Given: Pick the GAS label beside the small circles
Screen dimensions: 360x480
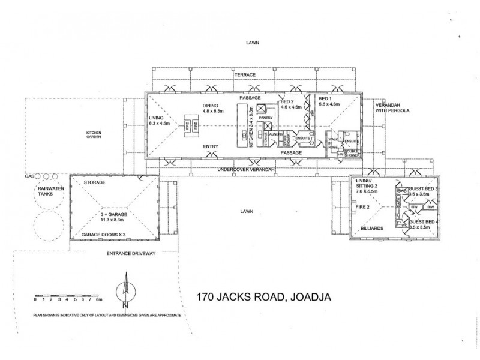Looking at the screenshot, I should (28, 177).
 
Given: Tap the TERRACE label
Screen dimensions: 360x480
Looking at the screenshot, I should (245, 74).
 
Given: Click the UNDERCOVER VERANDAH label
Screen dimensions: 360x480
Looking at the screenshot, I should (245, 171).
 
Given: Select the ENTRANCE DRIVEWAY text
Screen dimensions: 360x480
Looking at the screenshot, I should (131, 253).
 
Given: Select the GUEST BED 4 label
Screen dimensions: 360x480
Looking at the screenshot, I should (422, 222).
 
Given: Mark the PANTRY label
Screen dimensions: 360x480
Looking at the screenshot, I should (265, 118).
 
